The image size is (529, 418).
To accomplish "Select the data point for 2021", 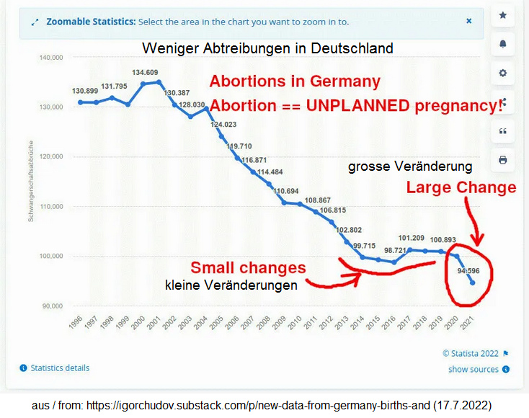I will (x=473, y=283).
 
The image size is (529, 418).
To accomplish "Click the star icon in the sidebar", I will (x=502, y=15).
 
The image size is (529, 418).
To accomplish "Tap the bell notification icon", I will (x=502, y=44).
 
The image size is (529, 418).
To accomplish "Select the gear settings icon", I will (x=502, y=73).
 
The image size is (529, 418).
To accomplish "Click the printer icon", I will (x=502, y=159).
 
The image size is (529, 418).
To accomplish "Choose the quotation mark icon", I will (x=502, y=130).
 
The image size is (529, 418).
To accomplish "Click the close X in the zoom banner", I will (x=468, y=21).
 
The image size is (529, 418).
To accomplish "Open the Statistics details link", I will (x=60, y=368).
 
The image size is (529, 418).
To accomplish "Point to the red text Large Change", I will (x=461, y=187).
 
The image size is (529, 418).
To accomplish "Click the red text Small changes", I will (x=249, y=268).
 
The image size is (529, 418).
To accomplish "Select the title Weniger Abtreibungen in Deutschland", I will (x=267, y=49).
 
